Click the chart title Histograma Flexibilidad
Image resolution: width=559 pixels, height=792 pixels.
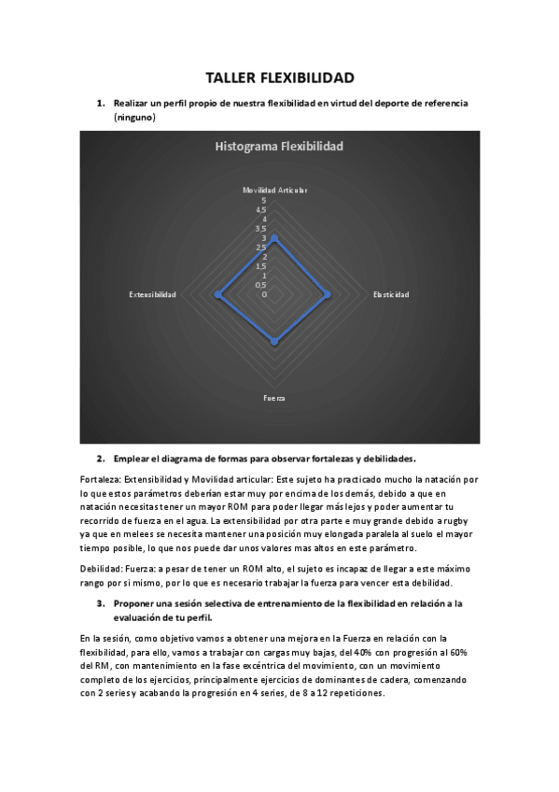click(279, 146)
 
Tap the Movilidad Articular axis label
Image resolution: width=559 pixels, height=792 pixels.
click(274, 190)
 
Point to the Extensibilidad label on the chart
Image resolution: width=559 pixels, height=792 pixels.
click(153, 294)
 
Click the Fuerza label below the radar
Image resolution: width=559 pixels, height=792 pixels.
click(274, 398)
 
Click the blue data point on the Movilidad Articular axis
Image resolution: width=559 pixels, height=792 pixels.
click(274, 238)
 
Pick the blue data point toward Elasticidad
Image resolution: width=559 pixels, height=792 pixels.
click(327, 294)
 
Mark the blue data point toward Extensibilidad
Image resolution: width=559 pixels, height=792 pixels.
click(218, 294)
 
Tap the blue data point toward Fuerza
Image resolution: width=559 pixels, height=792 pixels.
click(274, 343)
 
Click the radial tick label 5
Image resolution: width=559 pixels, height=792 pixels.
click(264, 200)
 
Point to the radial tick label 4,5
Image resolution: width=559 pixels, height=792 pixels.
click(260, 209)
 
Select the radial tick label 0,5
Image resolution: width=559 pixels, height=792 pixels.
click(260, 285)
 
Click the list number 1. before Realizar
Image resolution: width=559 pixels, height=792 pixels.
click(101, 102)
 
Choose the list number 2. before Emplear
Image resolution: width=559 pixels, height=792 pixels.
click(101, 459)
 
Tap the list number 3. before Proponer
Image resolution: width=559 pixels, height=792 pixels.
click(101, 603)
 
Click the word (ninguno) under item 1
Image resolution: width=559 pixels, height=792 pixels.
click(134, 118)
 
